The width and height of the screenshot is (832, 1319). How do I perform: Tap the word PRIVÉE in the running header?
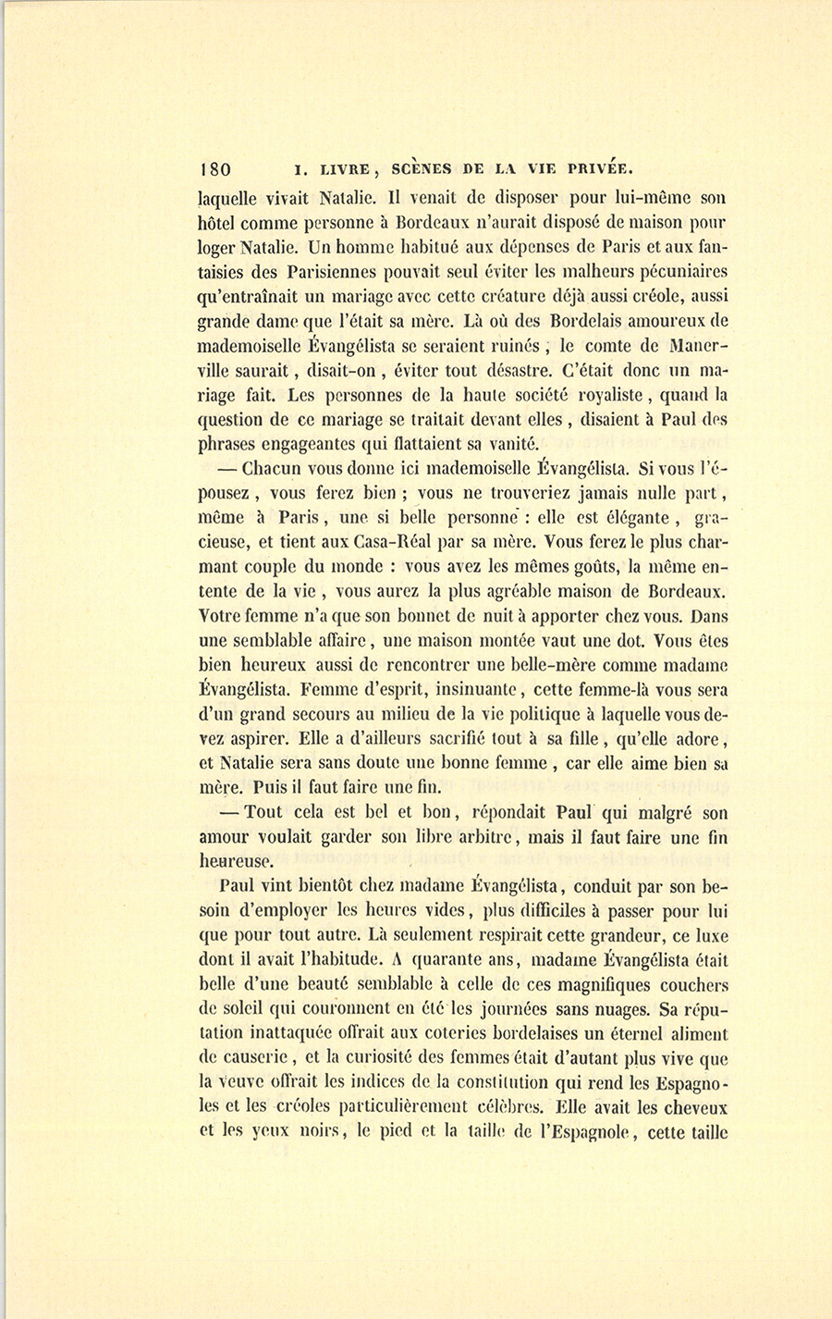click(x=599, y=168)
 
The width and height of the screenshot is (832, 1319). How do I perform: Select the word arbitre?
click(x=485, y=837)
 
